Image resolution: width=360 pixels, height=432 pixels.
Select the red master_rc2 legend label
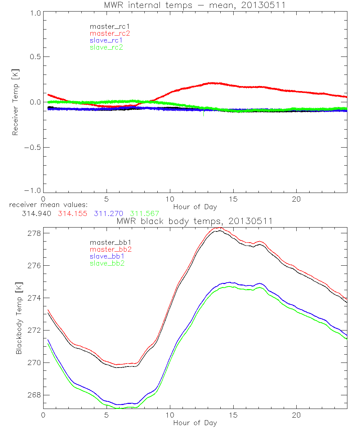click(x=110, y=33)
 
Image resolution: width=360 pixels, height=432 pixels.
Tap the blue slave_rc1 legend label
click(x=106, y=40)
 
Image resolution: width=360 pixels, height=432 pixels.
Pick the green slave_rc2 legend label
click(x=106, y=47)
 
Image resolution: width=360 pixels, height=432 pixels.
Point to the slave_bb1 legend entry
click(x=107, y=256)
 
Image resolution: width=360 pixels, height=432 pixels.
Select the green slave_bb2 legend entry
click(x=107, y=263)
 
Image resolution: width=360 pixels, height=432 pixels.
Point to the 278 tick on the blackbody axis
click(x=35, y=233)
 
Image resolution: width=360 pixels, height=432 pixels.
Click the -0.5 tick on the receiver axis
click(x=31, y=148)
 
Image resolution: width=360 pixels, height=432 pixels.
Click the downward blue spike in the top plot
click(x=204, y=114)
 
